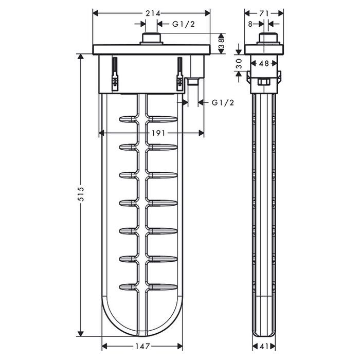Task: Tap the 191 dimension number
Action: (x=158, y=133)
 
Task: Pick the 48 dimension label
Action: (x=264, y=64)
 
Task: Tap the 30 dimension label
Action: (x=239, y=64)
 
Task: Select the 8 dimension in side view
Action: (x=250, y=23)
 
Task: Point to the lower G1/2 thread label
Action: (x=223, y=103)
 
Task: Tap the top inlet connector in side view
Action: (x=264, y=39)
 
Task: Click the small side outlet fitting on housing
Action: (x=193, y=81)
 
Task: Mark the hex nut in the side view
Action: (x=264, y=82)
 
